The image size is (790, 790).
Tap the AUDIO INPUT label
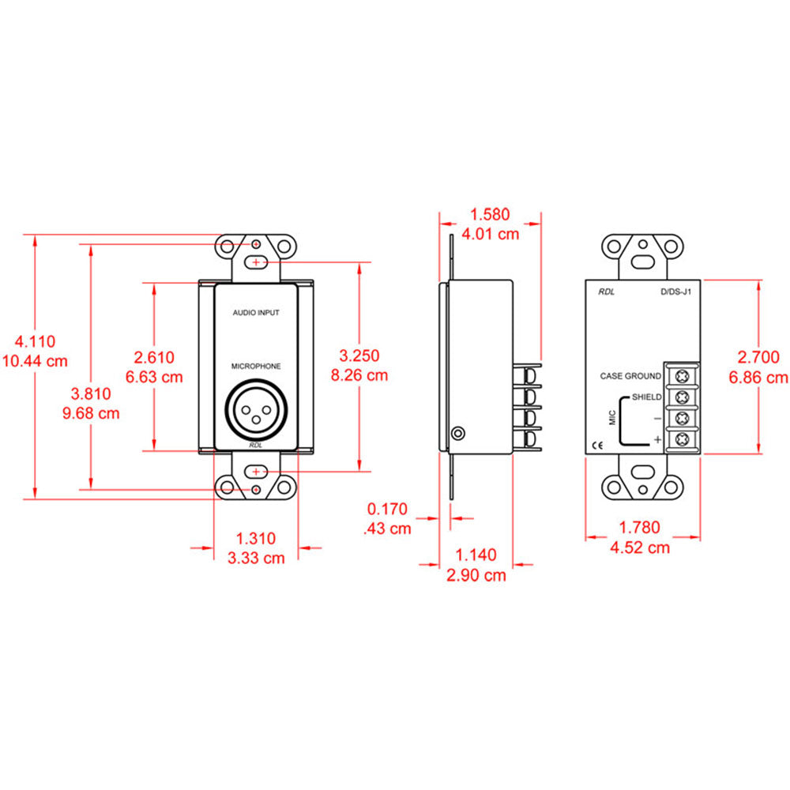tap(256, 313)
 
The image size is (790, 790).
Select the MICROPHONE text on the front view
tap(256, 366)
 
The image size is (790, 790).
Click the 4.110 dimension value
tap(35, 342)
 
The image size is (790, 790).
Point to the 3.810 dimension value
tap(91, 393)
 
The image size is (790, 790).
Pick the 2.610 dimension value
tap(154, 358)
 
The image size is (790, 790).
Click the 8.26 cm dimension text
tap(359, 375)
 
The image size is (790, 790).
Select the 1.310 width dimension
tap(256, 539)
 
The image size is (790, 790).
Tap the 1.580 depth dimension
tap(490, 214)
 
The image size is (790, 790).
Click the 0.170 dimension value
tap(387, 510)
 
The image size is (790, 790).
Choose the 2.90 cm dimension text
tap(476, 576)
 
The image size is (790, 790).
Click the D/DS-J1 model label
tap(676, 292)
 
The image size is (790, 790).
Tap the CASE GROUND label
tap(630, 376)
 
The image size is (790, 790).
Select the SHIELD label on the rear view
tap(646, 396)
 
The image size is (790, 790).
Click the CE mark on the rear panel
tap(598, 445)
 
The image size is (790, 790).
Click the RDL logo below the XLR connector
tap(256, 445)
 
